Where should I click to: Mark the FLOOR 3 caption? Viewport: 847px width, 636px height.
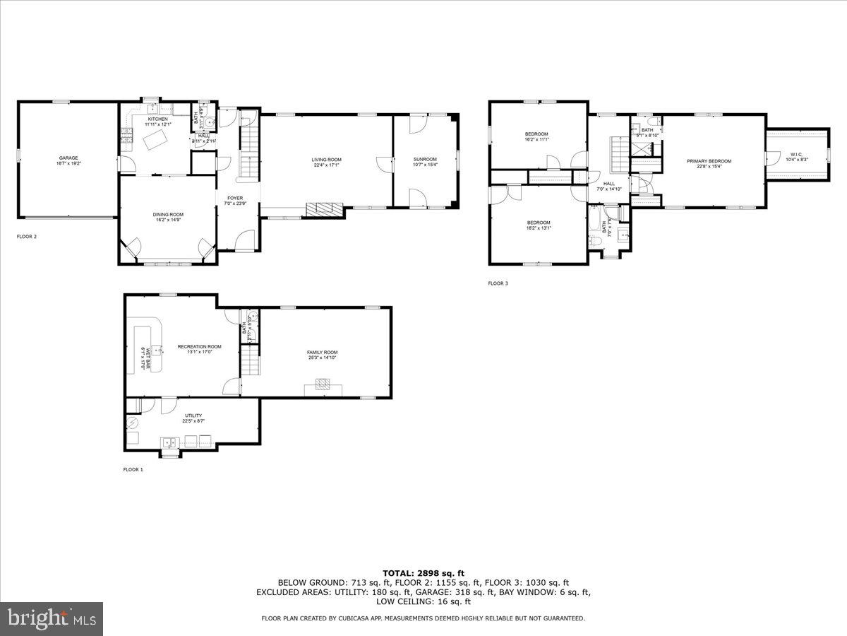[498, 283]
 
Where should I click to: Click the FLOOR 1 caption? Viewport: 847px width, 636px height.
[133, 469]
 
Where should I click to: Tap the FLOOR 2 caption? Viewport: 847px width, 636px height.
[27, 237]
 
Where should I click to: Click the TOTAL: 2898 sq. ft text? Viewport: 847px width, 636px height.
[423, 573]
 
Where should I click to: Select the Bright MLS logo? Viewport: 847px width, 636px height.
[52, 619]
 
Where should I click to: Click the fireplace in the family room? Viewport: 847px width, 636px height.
[323, 385]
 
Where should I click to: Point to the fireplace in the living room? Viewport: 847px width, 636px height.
[324, 209]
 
